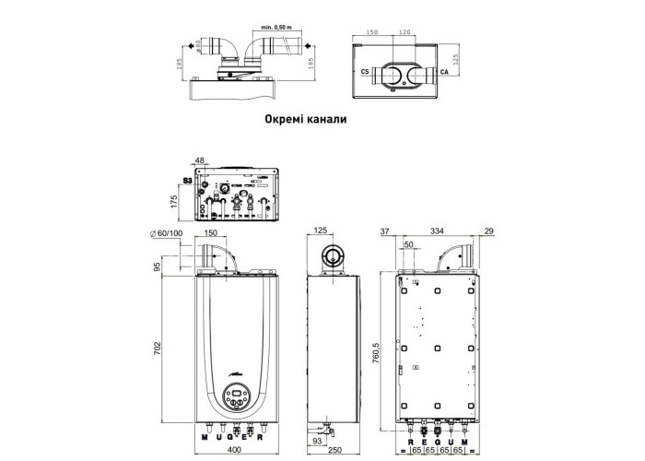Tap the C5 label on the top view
pos(366,70)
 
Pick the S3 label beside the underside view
pos(188,182)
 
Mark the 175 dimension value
pos(173,201)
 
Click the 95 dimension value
pos(158,266)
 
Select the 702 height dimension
pos(158,350)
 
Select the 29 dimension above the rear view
pos(488,230)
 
